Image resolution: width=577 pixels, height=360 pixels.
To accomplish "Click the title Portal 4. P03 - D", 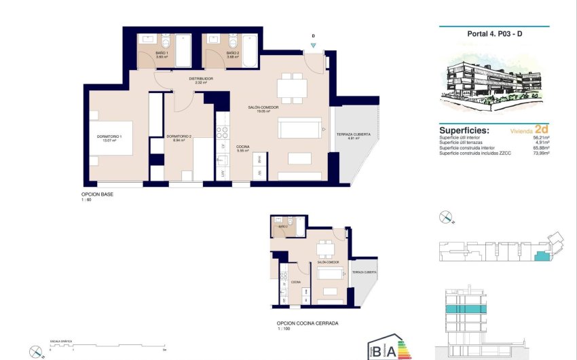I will pos(495,33).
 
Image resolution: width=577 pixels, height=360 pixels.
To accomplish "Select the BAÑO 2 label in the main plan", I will pos(232,52).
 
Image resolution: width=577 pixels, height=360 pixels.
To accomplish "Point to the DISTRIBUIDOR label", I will pos(201,79).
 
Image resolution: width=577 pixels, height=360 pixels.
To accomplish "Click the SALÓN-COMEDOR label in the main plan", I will pos(264,107).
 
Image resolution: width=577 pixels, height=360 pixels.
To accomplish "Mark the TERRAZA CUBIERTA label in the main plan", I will pos(353,134).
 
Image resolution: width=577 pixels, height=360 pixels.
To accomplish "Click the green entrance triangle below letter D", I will pos(313,46).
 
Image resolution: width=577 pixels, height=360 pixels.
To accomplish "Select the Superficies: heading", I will pos(464,130).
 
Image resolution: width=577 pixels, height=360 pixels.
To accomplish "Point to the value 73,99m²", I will pos(541,154).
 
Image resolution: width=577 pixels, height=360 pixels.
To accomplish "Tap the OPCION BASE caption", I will pos(97,195).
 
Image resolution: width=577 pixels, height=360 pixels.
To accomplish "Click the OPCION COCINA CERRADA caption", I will pos(307,323).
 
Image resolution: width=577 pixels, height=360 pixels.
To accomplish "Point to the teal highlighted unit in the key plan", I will pos(541,256).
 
